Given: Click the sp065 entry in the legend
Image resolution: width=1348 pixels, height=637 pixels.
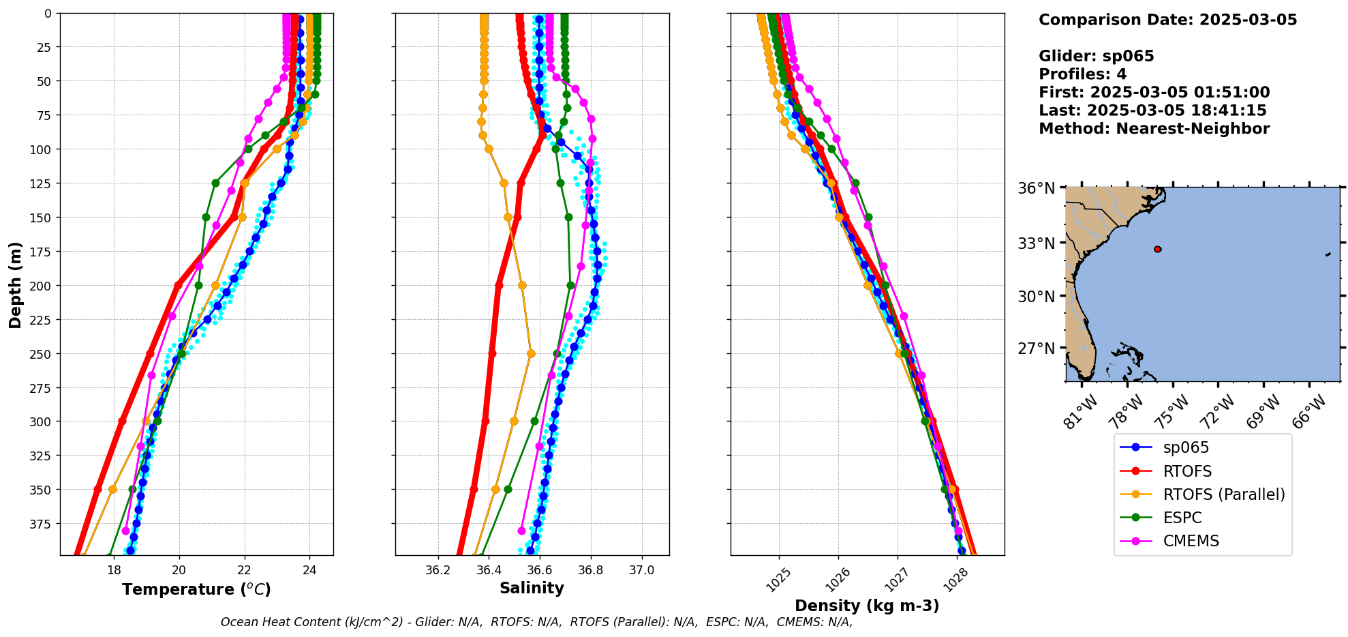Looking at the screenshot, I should (x=1185, y=448).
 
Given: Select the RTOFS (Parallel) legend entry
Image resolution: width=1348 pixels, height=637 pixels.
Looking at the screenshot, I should (x=1223, y=494).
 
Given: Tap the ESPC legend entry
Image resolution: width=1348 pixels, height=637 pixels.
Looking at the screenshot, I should (x=1182, y=518).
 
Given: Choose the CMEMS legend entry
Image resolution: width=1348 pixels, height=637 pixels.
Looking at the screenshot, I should (x=1191, y=541).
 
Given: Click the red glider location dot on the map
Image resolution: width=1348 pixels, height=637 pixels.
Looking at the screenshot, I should (x=1157, y=250).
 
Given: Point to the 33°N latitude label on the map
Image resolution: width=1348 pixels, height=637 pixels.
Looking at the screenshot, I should (x=1036, y=243).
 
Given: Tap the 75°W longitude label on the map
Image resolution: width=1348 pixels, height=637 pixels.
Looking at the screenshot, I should (x=1174, y=411).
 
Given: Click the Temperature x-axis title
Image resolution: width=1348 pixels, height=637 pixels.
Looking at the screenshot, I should (x=196, y=589).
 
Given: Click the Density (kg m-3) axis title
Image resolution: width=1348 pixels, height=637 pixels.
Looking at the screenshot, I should (x=867, y=606).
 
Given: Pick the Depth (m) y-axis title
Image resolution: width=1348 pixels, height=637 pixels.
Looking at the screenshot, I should (x=16, y=284).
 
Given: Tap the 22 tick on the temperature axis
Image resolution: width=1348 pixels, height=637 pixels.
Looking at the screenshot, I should (x=244, y=570).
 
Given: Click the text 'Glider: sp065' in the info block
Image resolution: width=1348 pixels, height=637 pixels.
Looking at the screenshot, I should (x=1096, y=56).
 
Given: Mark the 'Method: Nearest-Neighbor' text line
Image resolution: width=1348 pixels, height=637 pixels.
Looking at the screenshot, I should (x=1154, y=129).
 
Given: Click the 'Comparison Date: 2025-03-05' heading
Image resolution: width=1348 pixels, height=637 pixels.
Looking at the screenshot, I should (x=1167, y=20).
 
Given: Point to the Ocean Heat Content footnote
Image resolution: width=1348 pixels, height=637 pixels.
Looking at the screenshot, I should (x=536, y=622).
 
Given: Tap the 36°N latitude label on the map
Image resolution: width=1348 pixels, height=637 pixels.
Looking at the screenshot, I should (x=1036, y=188).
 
